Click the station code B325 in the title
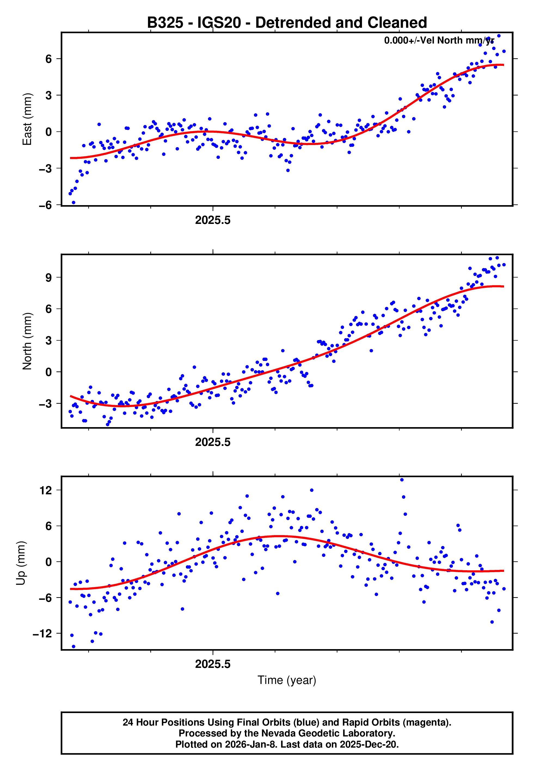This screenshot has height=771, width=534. tap(165, 23)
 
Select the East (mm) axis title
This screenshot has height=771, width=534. tap(27, 119)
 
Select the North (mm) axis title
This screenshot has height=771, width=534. tap(27, 341)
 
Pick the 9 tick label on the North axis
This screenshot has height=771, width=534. tap(49, 277)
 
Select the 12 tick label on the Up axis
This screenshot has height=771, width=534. tap(46, 491)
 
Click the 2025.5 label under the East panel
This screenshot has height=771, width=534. tap(213, 220)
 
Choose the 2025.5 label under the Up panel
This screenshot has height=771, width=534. tap(213, 664)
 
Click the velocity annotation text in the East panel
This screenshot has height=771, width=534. tap(439, 41)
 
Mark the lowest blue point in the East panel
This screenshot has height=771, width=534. tap(73, 203)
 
